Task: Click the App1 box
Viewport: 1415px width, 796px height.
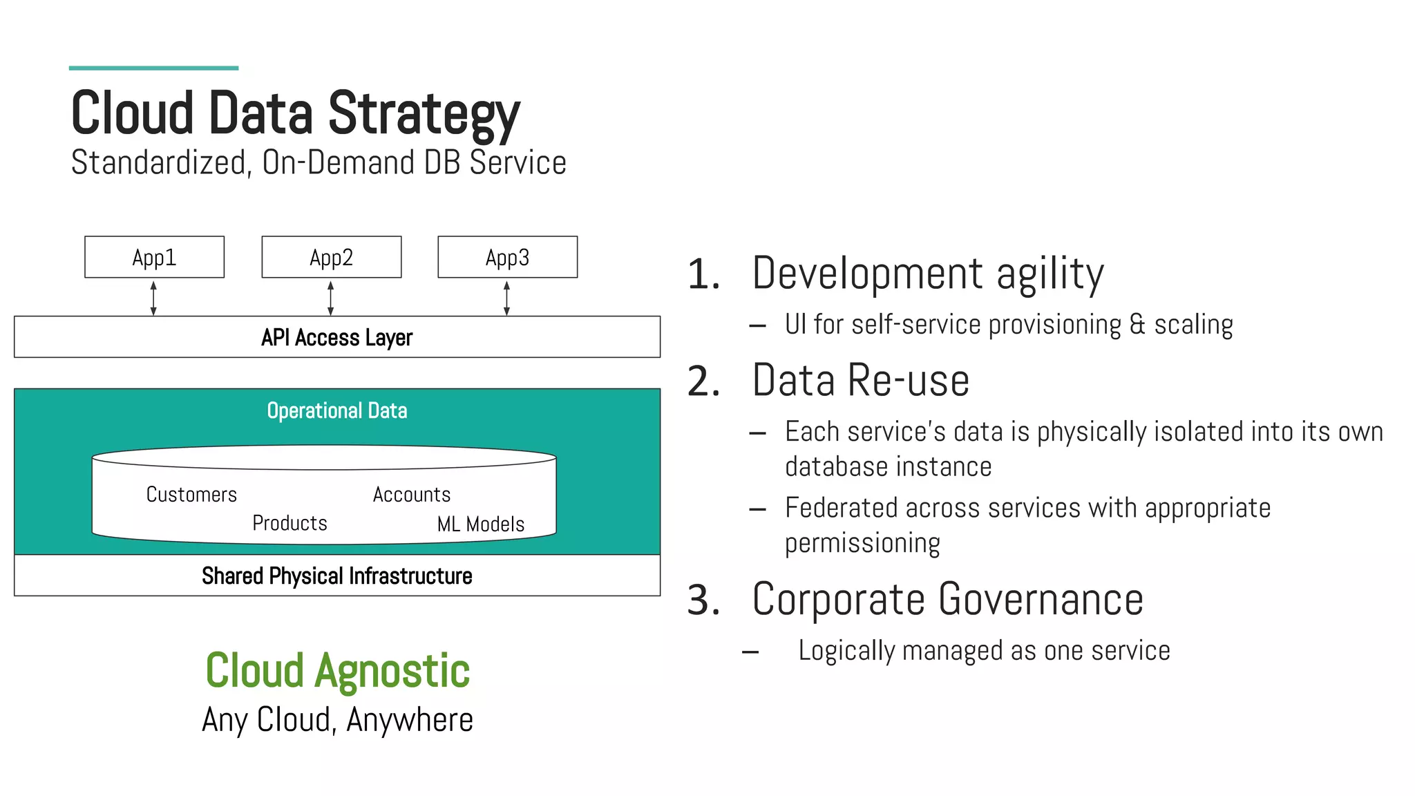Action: click(154, 257)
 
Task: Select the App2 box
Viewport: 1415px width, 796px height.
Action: click(331, 257)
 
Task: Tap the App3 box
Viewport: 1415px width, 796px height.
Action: click(507, 257)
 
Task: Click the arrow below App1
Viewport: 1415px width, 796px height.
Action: click(153, 298)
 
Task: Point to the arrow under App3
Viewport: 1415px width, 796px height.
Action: click(506, 298)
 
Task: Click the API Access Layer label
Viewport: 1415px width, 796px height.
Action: click(336, 337)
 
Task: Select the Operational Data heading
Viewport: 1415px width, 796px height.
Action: click(336, 410)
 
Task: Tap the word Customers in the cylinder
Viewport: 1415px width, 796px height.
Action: click(191, 495)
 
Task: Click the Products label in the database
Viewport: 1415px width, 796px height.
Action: click(289, 523)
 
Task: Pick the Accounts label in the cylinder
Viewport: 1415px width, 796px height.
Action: click(412, 495)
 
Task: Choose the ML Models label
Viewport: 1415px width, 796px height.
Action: click(481, 524)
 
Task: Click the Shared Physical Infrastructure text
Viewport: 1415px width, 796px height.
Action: click(336, 576)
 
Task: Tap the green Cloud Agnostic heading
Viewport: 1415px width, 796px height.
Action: click(337, 670)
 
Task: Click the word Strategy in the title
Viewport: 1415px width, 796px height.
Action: click(423, 115)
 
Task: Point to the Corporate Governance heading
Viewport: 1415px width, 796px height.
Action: click(947, 599)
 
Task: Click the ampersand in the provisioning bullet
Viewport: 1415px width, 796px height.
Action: click(1137, 325)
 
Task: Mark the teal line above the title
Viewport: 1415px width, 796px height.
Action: click(153, 68)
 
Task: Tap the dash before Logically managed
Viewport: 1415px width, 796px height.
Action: click(750, 652)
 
